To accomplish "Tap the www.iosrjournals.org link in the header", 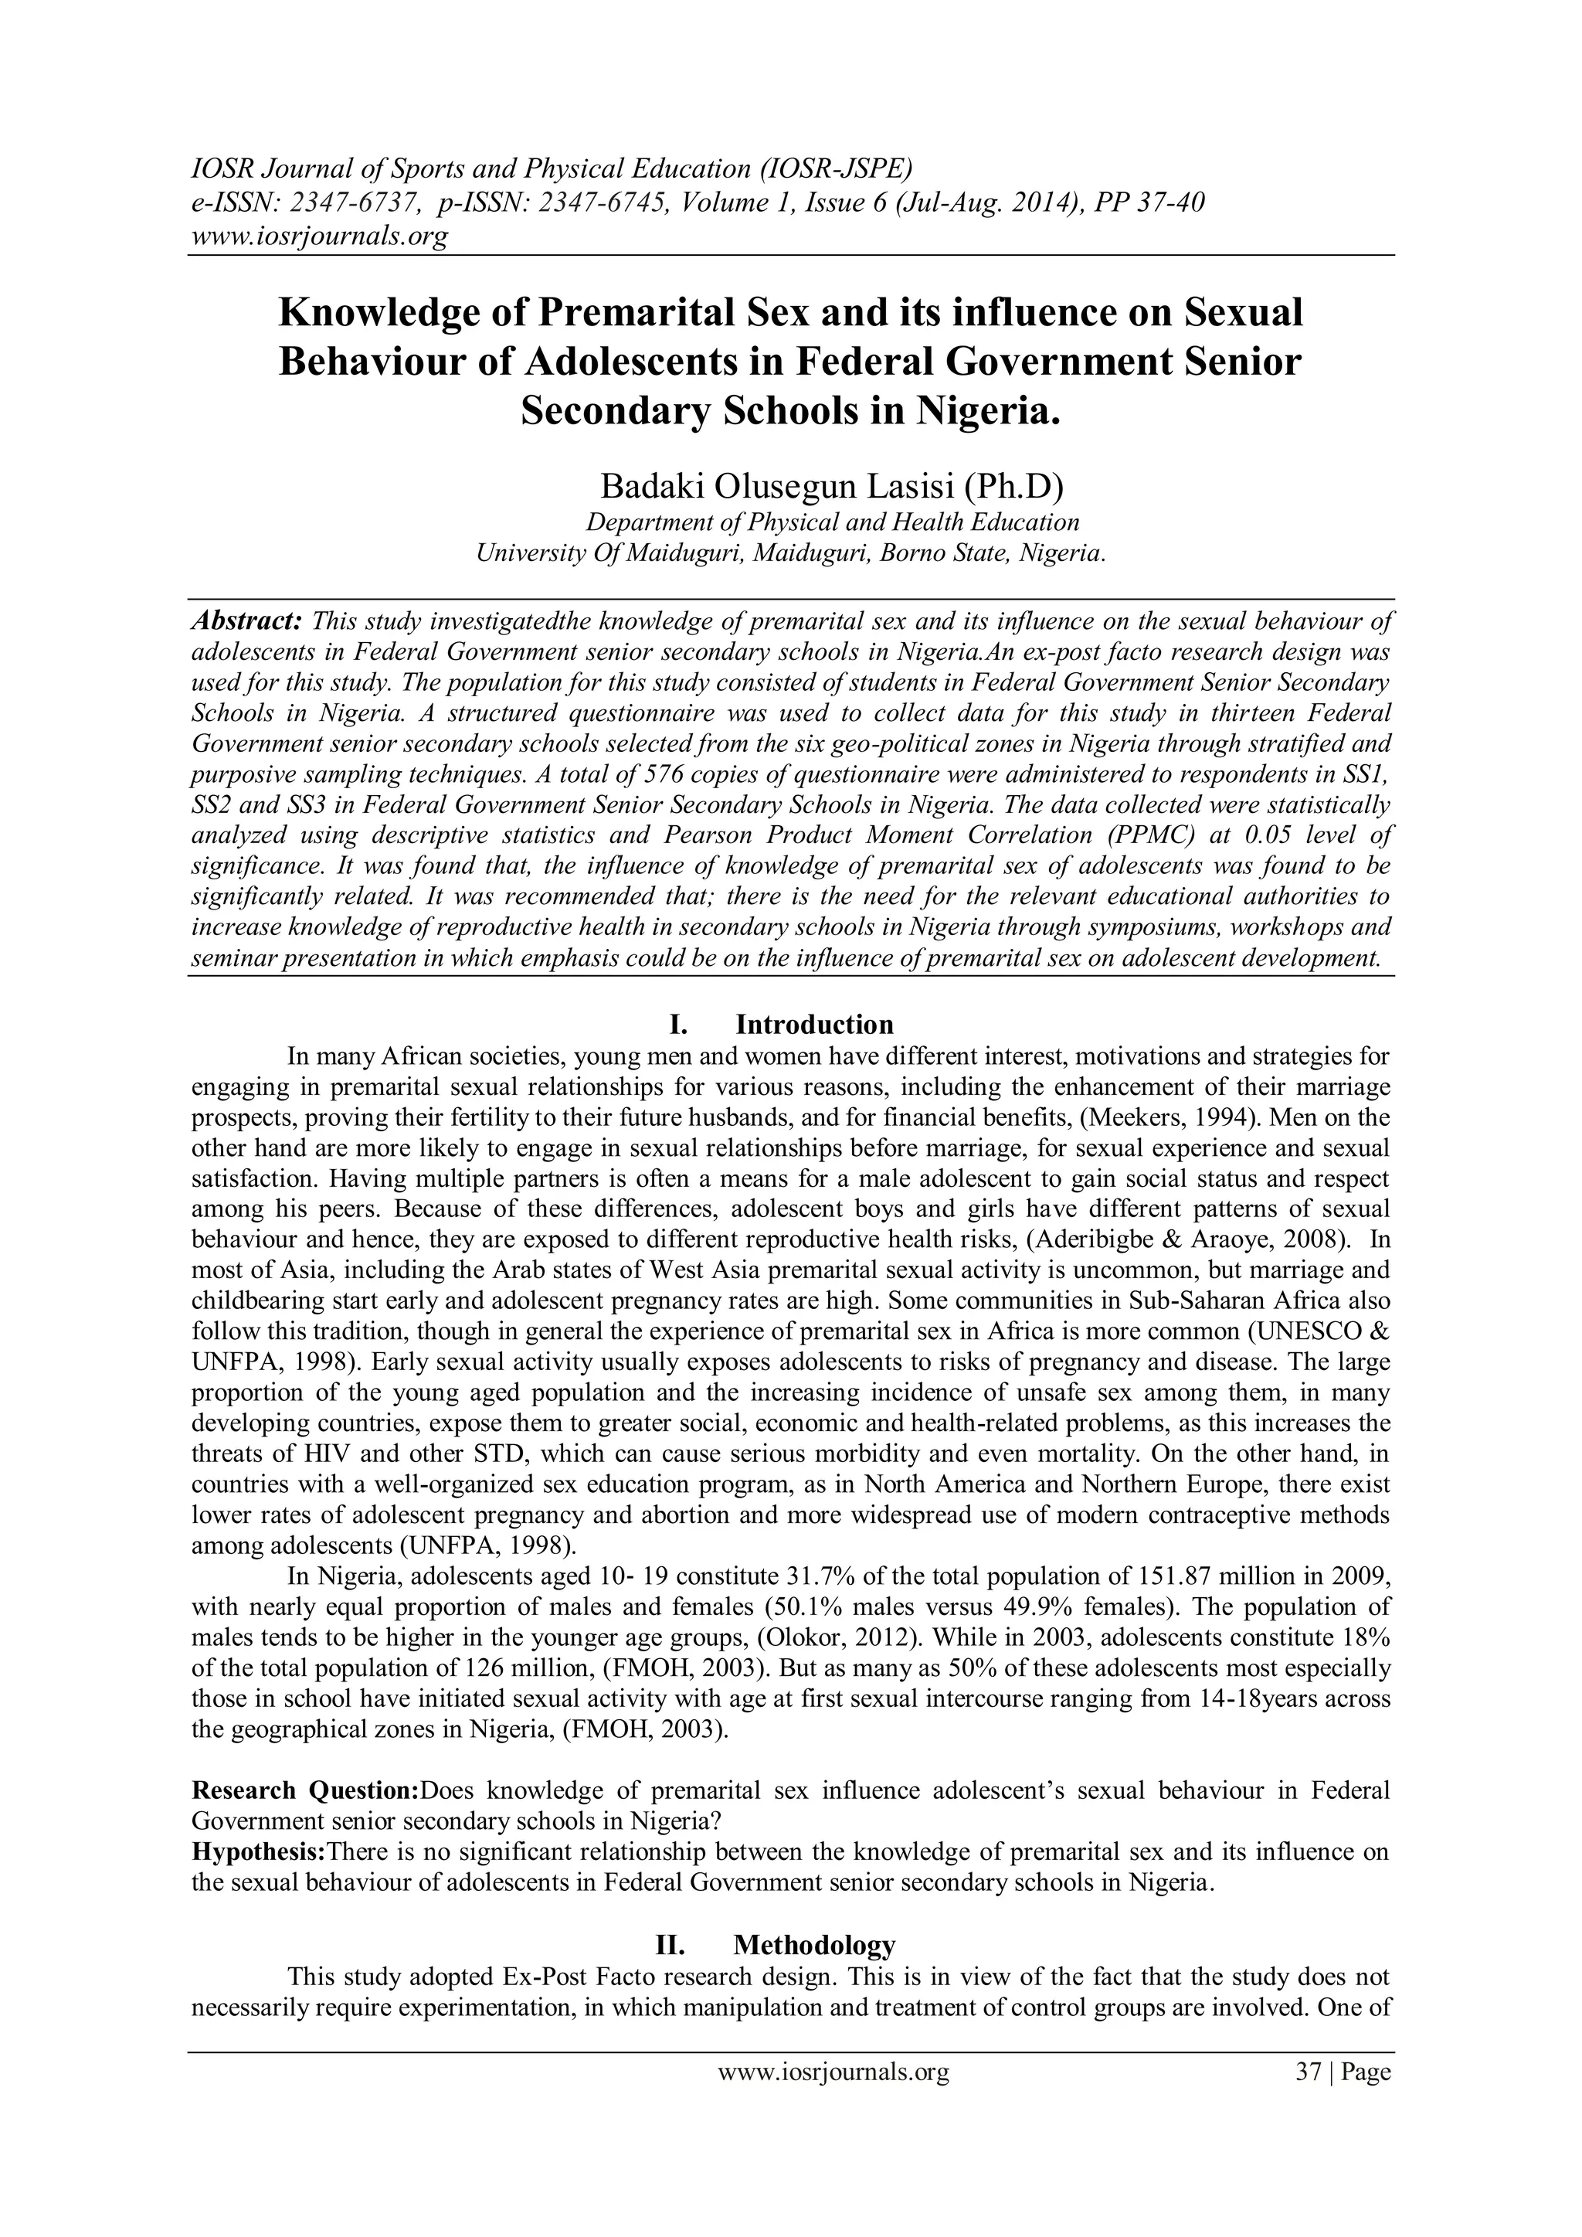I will (317, 236).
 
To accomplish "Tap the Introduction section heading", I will (813, 1024).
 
